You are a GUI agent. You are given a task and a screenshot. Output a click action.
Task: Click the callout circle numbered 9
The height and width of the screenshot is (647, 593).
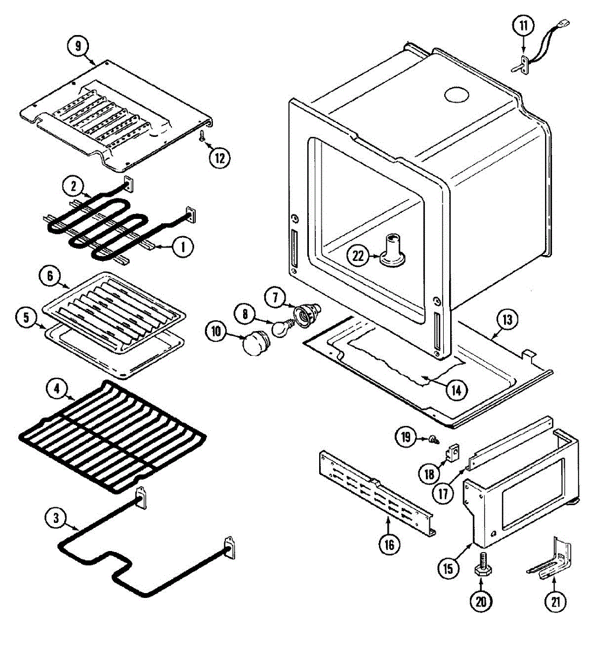(x=79, y=46)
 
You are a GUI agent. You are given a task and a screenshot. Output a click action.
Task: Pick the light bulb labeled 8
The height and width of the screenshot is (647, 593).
(x=281, y=327)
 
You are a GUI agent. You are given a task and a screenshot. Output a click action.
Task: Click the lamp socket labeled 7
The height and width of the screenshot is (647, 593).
(x=306, y=312)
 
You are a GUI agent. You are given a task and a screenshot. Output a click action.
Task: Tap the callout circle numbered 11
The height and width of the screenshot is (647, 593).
(x=523, y=26)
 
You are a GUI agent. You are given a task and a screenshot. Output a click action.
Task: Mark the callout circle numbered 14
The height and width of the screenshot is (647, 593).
(x=456, y=389)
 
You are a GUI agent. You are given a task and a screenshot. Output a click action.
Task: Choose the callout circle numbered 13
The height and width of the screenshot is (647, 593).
(x=508, y=319)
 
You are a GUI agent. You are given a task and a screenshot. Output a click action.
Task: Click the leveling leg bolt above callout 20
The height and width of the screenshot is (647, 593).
(x=481, y=573)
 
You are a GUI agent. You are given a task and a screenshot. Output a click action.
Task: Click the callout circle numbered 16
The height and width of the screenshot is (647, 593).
(x=389, y=544)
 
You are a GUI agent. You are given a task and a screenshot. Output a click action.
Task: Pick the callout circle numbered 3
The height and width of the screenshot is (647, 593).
(x=55, y=518)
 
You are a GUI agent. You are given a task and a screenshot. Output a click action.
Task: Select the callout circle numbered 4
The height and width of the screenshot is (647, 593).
(x=57, y=388)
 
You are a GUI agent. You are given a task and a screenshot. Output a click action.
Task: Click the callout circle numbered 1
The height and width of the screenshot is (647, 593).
(x=183, y=247)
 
